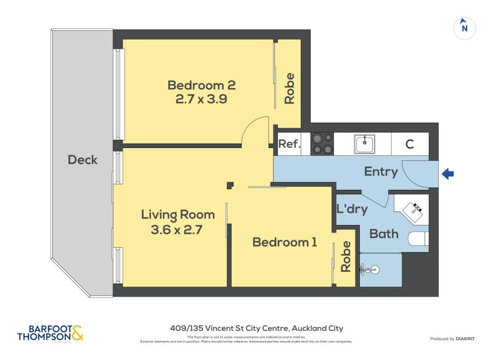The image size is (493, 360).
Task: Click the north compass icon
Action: pyautogui.click(x=465, y=27)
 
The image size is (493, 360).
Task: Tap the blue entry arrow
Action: pyautogui.click(x=448, y=175)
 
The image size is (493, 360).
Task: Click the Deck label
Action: pyautogui.click(x=83, y=160)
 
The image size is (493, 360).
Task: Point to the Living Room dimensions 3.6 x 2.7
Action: pyautogui.click(x=177, y=230)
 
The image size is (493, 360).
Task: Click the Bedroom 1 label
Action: pyautogui.click(x=285, y=242)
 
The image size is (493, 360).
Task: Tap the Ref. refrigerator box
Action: pyautogui.click(x=289, y=144)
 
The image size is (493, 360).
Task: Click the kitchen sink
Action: pyautogui.click(x=364, y=144)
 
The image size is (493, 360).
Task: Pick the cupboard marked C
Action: pyautogui.click(x=409, y=144)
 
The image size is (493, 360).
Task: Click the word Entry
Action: pyautogui.click(x=381, y=171)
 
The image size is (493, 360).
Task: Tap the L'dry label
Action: pyautogui.click(x=352, y=209)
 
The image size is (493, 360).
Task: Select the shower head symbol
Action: pyautogui.click(x=370, y=269)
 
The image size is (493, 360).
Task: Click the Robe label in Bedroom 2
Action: pyautogui.click(x=289, y=88)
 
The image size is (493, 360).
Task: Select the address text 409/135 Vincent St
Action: pyautogui.click(x=256, y=329)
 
